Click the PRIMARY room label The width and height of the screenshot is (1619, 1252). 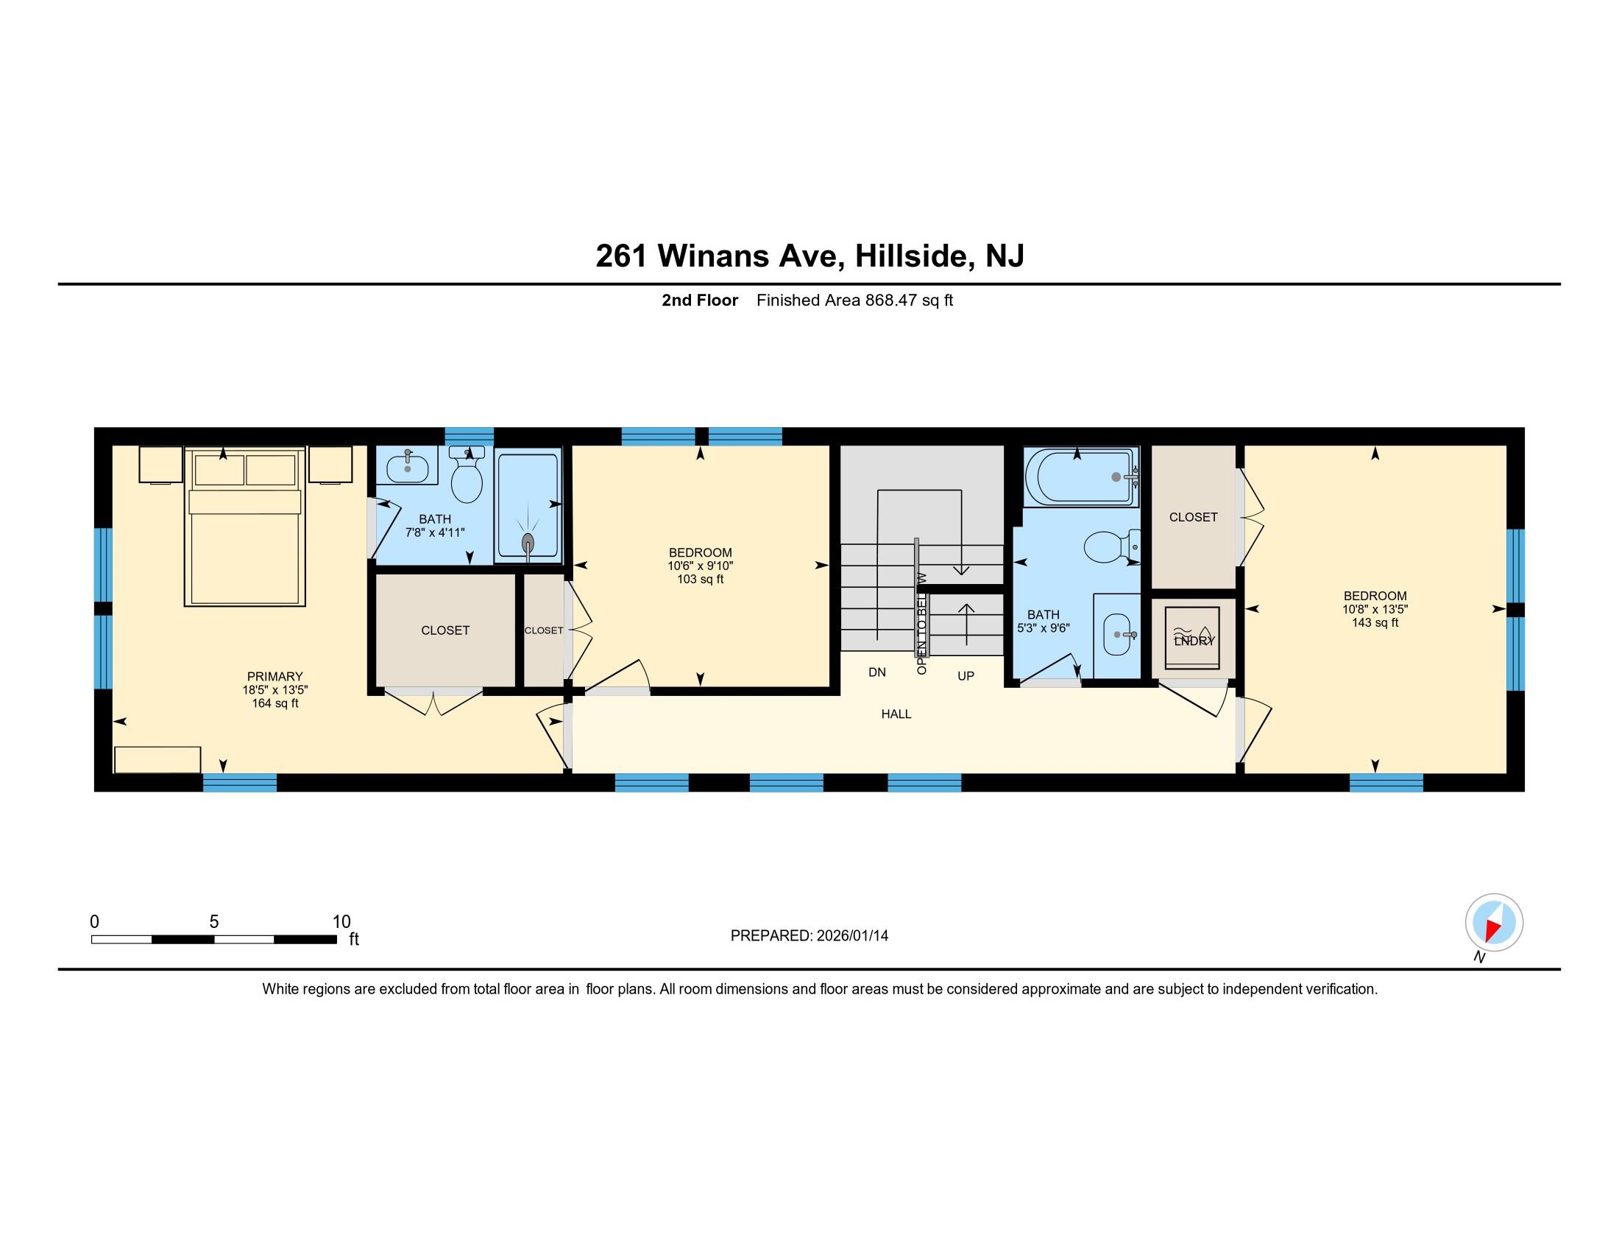point(275,676)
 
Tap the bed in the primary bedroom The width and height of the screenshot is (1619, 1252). point(244,534)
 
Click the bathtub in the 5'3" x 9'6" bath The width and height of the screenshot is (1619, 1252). point(1080,477)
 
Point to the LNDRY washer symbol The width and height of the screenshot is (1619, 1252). point(1192,638)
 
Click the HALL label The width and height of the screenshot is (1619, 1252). point(896,714)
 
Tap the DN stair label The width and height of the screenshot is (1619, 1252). point(877,672)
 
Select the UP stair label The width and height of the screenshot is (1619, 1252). point(966,676)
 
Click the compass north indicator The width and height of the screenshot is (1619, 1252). point(1494,924)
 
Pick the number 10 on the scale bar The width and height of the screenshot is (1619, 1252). point(341,922)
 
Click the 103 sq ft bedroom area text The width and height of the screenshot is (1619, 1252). point(700,580)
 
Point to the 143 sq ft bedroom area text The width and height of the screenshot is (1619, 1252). point(1375,623)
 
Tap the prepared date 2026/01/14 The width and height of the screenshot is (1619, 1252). point(851,936)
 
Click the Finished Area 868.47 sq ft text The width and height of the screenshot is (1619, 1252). point(854,300)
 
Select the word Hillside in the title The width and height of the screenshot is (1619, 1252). point(912,256)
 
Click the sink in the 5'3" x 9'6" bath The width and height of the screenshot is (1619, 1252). point(1117,635)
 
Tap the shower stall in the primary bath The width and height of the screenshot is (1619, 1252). point(528,506)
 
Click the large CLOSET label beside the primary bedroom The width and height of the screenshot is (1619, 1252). point(444,630)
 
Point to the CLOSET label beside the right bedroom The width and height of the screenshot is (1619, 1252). point(1193,517)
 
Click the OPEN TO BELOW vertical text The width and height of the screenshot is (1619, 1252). point(921,623)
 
